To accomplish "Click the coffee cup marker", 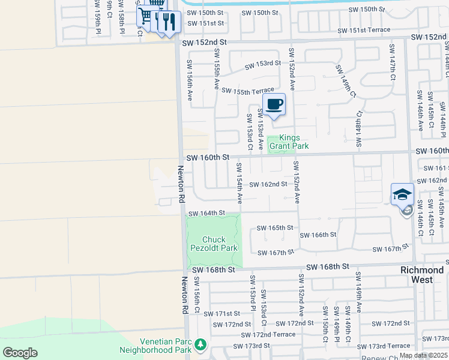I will [274, 104].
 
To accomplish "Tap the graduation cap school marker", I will [402, 194].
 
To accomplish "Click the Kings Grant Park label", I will [289, 142].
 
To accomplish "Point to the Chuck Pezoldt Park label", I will [215, 243].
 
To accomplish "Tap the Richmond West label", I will [422, 275].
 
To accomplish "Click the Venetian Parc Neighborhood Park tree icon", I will [201, 344].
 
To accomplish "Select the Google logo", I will [20, 352].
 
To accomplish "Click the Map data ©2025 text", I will [423, 355].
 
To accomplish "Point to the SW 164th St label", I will [206, 213].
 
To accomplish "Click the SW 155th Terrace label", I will [247, 91].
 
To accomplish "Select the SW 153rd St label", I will [262, 63].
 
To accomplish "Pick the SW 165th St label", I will [275, 228].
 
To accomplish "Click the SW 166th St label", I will [318, 235].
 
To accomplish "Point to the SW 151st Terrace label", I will [364, 30].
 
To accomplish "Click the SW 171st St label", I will [221, 313].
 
